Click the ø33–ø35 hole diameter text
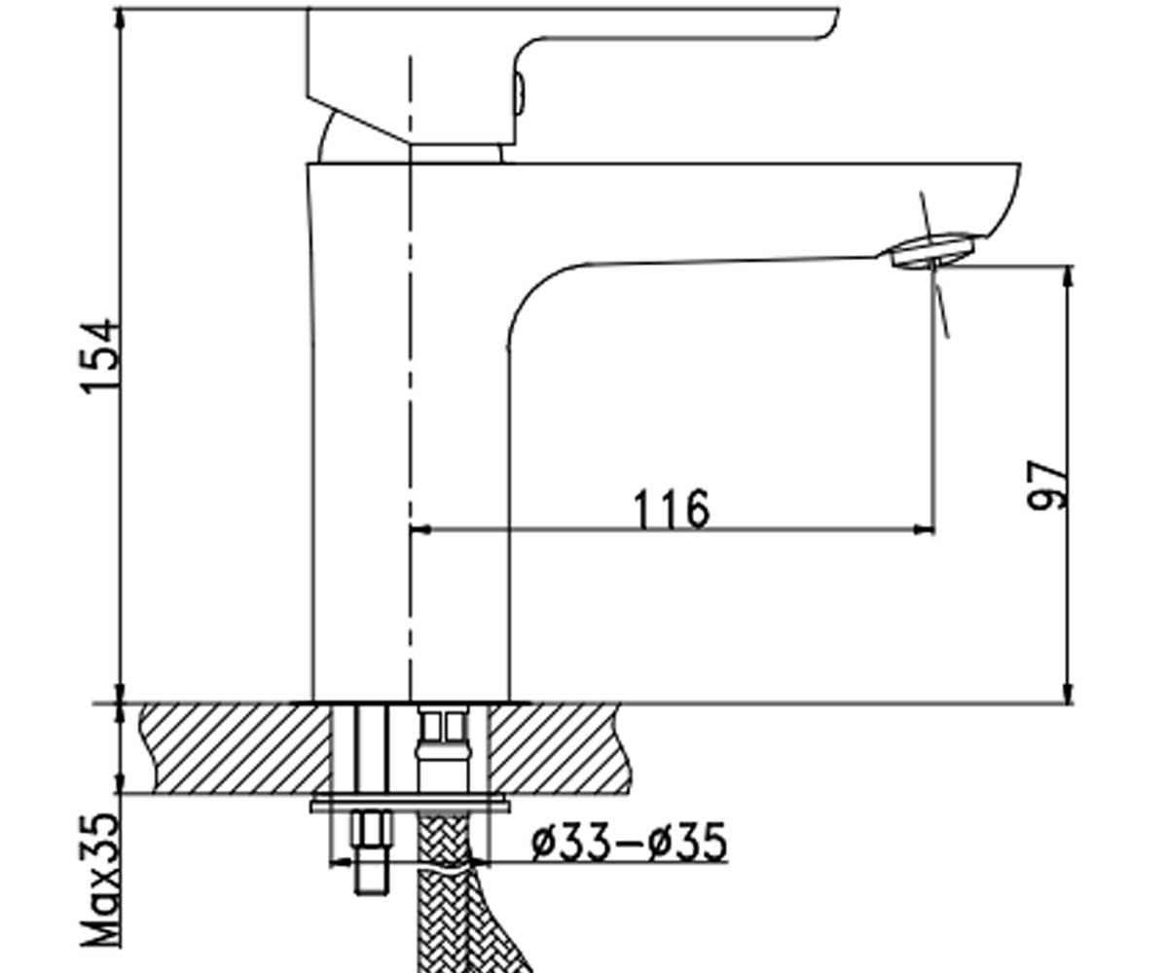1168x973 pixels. click(630, 842)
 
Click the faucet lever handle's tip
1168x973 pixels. click(833, 23)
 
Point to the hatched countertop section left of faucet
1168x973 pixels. click(235, 747)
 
